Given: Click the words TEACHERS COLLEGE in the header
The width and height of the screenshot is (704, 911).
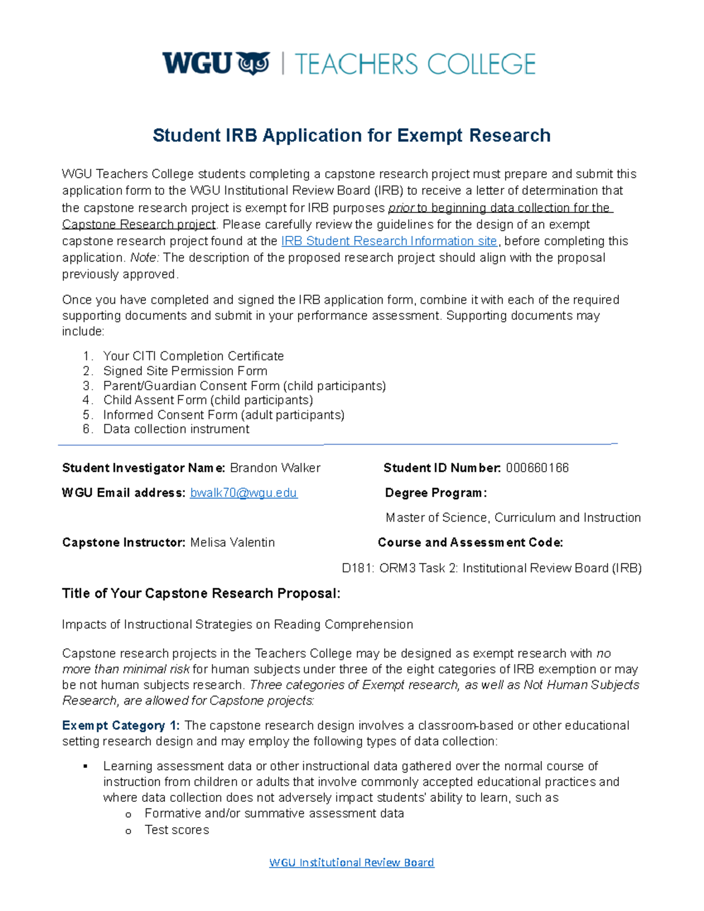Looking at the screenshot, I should click(415, 64).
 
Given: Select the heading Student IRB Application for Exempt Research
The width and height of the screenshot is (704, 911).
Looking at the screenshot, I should click(351, 136).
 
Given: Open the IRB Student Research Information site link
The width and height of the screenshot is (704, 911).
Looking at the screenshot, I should click(389, 241).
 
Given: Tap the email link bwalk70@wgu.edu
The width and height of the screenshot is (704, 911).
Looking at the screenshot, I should click(243, 493).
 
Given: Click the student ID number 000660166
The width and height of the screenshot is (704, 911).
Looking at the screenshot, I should click(537, 468).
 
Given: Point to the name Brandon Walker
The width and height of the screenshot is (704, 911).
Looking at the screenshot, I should click(275, 468).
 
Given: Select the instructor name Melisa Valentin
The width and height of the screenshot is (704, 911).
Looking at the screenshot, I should click(232, 543).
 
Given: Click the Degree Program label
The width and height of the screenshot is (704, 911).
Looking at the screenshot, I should click(435, 493).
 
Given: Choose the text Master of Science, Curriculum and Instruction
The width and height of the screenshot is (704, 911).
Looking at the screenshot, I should click(513, 517).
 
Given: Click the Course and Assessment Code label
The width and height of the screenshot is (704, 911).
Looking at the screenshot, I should click(470, 543).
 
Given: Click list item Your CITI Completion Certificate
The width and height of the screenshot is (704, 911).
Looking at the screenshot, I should click(193, 356).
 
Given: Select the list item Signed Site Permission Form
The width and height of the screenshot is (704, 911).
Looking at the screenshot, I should click(185, 371).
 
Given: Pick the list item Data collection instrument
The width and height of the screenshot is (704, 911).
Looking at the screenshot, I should click(176, 429).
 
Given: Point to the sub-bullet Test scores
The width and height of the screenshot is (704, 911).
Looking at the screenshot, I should click(177, 829).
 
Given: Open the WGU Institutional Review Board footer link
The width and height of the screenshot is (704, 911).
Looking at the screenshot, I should click(351, 862).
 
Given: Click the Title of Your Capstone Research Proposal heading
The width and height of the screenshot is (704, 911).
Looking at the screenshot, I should click(201, 594).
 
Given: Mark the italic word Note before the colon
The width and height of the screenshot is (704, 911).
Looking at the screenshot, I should click(143, 258).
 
